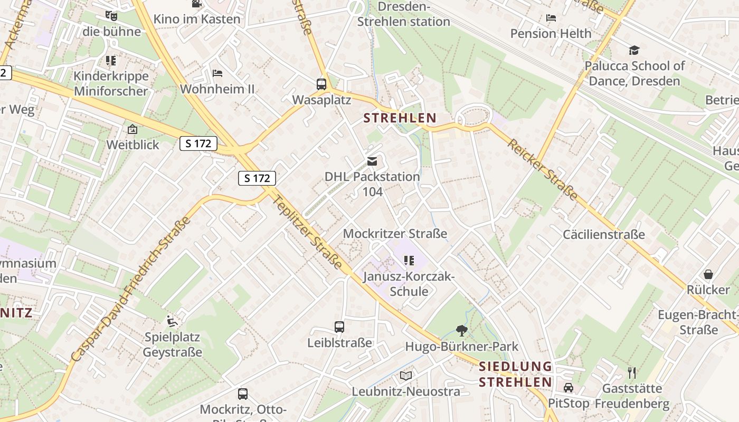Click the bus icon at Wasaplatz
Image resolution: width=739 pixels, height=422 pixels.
[x=321, y=84]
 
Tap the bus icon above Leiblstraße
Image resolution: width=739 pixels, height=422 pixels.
[x=339, y=327]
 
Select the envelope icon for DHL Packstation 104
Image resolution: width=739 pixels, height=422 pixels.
[x=372, y=161]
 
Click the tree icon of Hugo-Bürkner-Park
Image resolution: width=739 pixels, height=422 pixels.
[x=462, y=331]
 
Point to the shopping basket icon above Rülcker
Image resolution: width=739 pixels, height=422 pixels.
[x=708, y=274]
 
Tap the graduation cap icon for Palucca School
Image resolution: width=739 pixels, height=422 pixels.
[x=634, y=50]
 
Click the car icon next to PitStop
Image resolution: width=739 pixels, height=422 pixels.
[x=569, y=388]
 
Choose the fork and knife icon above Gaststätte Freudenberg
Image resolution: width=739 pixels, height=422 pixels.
[x=632, y=373]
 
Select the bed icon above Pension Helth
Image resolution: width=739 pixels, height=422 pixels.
[x=551, y=18]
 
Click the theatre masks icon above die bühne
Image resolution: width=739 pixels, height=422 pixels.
[x=111, y=16]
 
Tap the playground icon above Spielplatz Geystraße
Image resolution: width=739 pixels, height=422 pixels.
[x=172, y=320]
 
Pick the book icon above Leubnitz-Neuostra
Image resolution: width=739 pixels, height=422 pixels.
[x=405, y=376]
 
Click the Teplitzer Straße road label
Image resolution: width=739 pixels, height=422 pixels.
[x=309, y=230]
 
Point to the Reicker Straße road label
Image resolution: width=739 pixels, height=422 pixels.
[x=543, y=169]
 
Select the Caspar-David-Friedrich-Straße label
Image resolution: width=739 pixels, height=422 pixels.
[x=131, y=290]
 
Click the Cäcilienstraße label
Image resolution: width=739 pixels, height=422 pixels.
[x=604, y=234]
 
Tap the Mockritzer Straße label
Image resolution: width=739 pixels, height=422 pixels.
[x=395, y=233]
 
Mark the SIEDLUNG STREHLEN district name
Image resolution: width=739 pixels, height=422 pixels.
[x=515, y=374]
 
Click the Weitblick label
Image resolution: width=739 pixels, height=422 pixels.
[x=132, y=145]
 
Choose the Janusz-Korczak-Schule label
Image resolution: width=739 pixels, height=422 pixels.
[x=409, y=284]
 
